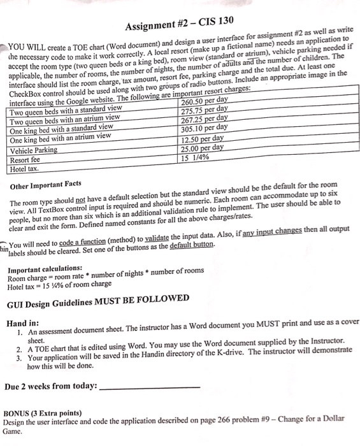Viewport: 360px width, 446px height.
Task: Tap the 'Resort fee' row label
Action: pyautogui.click(x=28, y=160)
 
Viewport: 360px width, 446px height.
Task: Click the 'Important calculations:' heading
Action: pyautogui.click(x=45, y=268)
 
